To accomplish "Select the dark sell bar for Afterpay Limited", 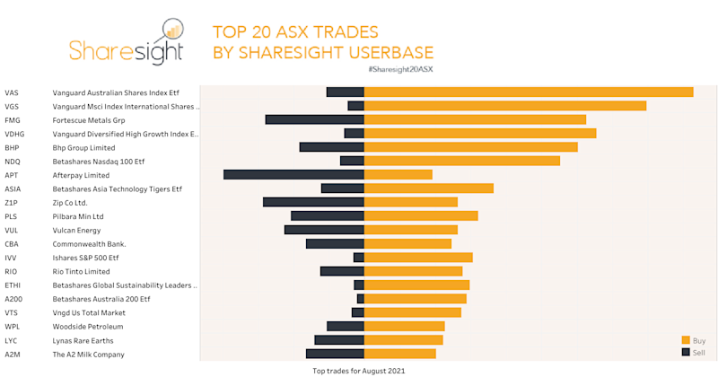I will click(x=293, y=175).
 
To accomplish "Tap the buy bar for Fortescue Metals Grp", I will click(x=475, y=119).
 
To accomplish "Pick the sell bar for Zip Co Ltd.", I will click(x=313, y=202).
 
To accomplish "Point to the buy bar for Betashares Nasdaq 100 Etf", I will click(x=461, y=161).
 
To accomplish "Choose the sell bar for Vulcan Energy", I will click(x=324, y=230).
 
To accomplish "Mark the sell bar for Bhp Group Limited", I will click(x=331, y=147).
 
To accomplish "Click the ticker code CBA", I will click(x=12, y=244).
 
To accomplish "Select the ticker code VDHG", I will click(x=14, y=134).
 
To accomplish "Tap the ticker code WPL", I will click(x=13, y=327).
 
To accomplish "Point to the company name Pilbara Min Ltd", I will click(x=79, y=216).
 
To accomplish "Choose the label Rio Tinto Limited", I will click(x=82, y=272).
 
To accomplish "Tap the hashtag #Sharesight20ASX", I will click(x=400, y=68).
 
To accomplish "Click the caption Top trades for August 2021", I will click(x=359, y=370).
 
